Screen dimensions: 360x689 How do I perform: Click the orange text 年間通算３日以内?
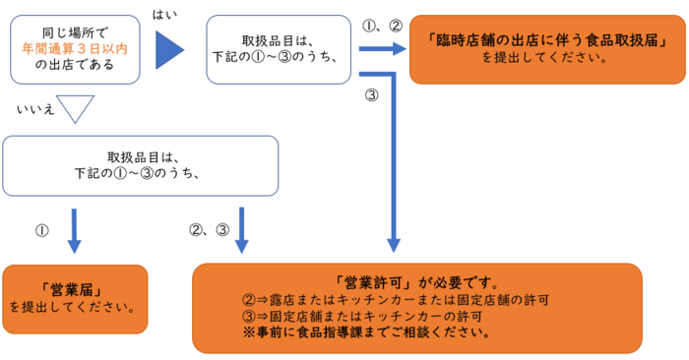click(x=75, y=46)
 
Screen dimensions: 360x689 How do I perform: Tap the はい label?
click(x=165, y=13)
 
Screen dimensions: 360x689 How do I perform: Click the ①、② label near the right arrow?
click(x=382, y=25)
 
